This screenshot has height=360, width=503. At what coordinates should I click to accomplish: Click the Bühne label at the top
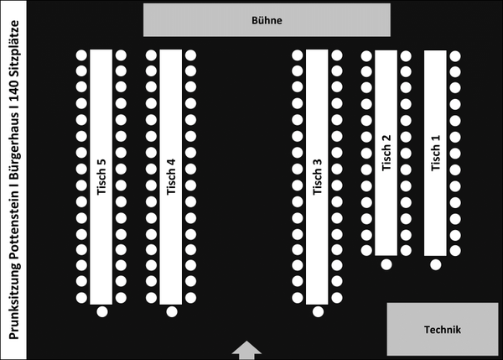pos(267,19)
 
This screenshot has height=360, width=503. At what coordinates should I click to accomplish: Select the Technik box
pos(443,330)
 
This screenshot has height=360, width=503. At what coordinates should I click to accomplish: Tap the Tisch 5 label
pos(101,177)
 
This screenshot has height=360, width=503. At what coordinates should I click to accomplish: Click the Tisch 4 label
pos(171,177)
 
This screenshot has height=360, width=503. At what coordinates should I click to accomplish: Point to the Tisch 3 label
pos(317,177)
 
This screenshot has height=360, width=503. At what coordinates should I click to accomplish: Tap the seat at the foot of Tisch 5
pos(102,312)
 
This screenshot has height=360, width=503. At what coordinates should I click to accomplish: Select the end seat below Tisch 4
pos(172,312)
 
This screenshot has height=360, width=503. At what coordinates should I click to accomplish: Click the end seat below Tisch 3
pos(318,312)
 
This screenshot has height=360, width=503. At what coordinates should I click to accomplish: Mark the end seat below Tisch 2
pos(386,264)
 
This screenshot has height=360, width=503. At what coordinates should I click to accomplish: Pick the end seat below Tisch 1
pos(435,264)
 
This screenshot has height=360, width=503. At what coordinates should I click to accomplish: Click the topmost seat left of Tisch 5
pos(82,55)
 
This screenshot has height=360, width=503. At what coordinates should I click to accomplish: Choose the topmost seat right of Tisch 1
pos(455,56)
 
